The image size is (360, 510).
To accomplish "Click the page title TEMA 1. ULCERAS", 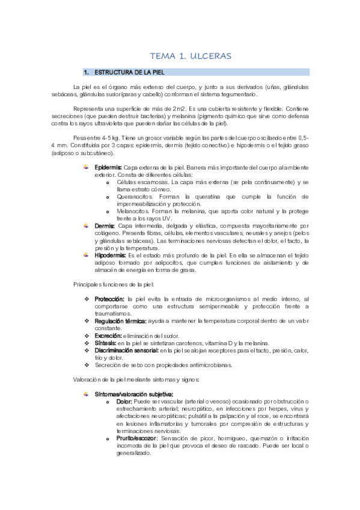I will (x=190, y=56).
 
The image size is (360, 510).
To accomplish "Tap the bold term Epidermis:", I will (x=108, y=166).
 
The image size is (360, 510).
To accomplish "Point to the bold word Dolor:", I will (x=124, y=401).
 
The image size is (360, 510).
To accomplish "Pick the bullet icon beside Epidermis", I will (x=86, y=166).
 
